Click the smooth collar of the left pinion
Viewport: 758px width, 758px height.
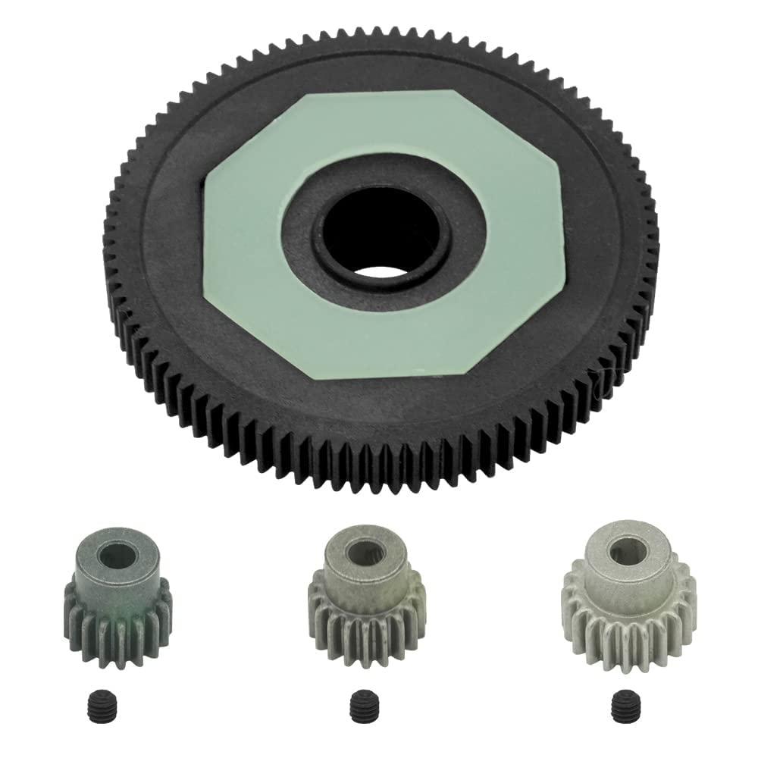(118, 576)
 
